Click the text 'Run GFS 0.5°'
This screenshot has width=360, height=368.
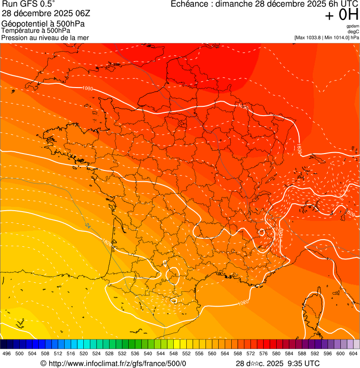[29, 4]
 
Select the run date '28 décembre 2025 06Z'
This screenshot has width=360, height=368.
[49, 14]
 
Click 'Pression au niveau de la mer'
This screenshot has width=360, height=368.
[45, 37]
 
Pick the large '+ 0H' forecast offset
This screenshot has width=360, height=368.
[342, 15]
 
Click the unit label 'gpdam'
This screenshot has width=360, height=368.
[353, 26]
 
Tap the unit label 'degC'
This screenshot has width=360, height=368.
[353, 31]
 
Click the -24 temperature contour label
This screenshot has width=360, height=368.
[88, 225]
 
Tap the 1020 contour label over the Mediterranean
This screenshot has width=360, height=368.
[243, 303]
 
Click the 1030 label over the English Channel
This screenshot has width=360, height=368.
[87, 88]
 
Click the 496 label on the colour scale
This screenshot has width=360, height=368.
[7, 354]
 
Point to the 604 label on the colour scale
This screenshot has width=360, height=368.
[353, 354]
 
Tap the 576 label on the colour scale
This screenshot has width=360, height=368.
[263, 354]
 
